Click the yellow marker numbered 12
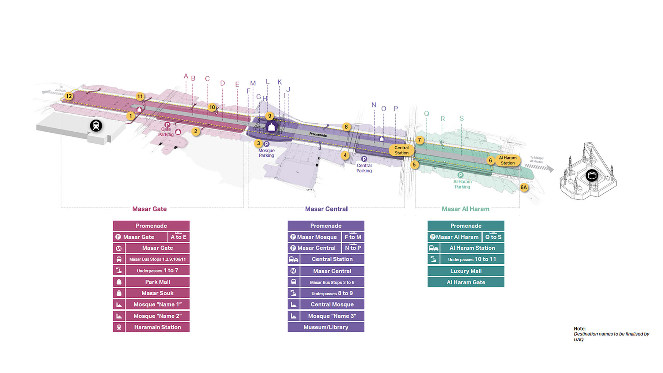pos(69,96)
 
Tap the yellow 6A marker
pos(523,188)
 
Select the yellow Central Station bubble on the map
pos(401,150)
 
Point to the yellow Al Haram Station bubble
pos(507,160)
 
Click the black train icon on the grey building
pos(96,125)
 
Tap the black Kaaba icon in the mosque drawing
pos(592,175)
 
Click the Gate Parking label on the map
pos(166,132)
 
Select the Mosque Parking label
pos(266,153)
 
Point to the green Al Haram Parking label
pos(462,184)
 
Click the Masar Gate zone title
pos(149,209)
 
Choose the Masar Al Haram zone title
pos(465,209)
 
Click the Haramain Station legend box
pos(157,327)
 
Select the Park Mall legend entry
pos(157,282)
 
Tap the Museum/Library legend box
pos(326,327)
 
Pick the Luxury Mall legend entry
pos(465,271)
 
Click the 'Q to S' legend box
pos(493,237)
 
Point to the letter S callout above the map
pos(461,118)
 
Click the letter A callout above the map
pos(186,76)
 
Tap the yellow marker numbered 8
pos(346,127)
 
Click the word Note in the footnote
pos(579,328)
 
